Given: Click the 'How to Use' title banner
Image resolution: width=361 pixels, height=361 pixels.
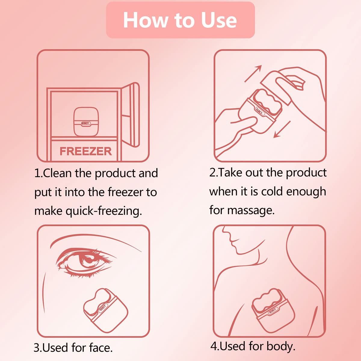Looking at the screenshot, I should (180, 20).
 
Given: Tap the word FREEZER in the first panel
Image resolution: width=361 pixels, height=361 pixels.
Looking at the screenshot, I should (86, 151).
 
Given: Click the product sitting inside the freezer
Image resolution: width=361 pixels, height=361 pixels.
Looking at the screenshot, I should (86, 122).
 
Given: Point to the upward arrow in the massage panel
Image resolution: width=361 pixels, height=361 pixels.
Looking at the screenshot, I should (253, 73).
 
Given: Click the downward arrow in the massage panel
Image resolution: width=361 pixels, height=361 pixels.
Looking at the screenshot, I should (282, 129).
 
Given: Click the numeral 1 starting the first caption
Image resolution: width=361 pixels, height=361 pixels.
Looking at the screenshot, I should (37, 174).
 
